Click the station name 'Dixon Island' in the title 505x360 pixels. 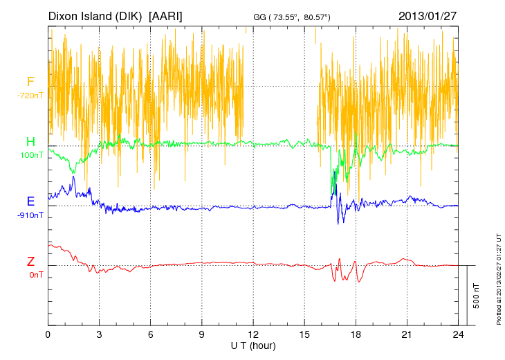[80, 15]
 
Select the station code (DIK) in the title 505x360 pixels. [130, 15]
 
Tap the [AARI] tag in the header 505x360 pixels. [166, 15]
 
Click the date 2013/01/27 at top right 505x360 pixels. [428, 15]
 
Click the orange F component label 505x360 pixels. [30, 81]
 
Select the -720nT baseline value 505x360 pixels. [30, 95]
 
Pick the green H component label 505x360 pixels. [30, 141]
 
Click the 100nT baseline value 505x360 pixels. [30, 154]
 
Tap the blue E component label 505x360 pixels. [30, 201]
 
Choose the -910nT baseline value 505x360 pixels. [30, 215]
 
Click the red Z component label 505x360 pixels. [30, 262]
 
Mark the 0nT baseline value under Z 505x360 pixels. [30, 275]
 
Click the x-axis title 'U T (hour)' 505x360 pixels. [252, 345]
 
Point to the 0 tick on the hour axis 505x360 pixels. [48, 334]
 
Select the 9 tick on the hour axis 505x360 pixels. [202, 334]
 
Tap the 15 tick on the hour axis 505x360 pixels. [304, 334]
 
